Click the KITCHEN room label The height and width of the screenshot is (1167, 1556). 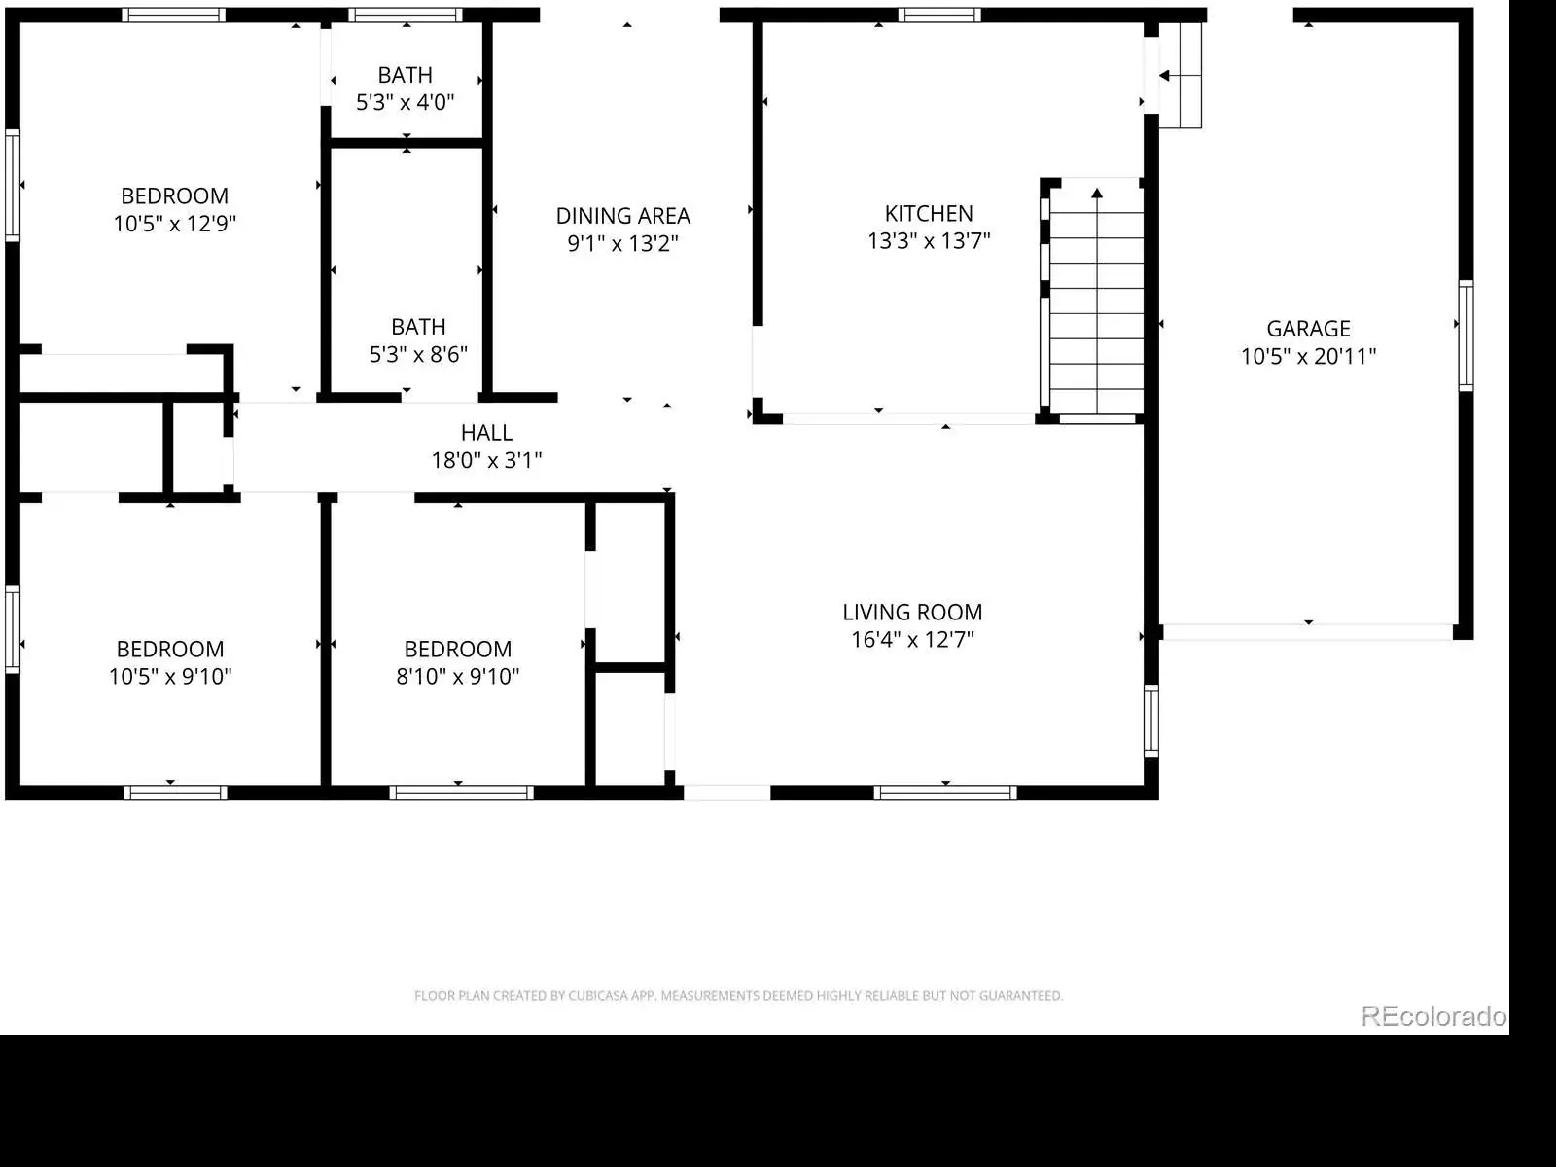click(x=929, y=213)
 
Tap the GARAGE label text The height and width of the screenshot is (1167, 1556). click(x=1308, y=329)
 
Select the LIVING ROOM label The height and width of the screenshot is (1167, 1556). click(x=912, y=613)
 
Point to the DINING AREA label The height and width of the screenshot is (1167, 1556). click(x=622, y=215)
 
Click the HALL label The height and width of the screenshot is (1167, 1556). click(x=486, y=432)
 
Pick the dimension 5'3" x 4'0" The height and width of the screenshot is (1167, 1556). click(x=405, y=102)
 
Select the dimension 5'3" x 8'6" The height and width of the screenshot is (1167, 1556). click(x=418, y=354)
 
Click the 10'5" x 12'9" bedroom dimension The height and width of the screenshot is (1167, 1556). click(x=174, y=224)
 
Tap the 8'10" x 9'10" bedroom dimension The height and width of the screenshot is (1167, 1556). click(x=458, y=677)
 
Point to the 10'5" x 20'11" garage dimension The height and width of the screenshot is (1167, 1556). click(x=1308, y=356)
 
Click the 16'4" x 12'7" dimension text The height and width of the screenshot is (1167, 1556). click(x=912, y=640)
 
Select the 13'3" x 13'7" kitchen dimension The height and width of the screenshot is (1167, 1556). click(x=929, y=241)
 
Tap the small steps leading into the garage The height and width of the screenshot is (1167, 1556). click(x=1181, y=76)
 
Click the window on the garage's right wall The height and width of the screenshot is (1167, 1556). click(x=1466, y=336)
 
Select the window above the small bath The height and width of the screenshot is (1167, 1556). click(x=405, y=15)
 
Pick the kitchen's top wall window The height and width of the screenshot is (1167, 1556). click(x=939, y=15)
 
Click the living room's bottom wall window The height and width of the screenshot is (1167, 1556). click(x=945, y=793)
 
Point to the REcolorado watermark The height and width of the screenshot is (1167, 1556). click(x=1433, y=1016)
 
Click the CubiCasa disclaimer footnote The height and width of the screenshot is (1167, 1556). click(x=739, y=996)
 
